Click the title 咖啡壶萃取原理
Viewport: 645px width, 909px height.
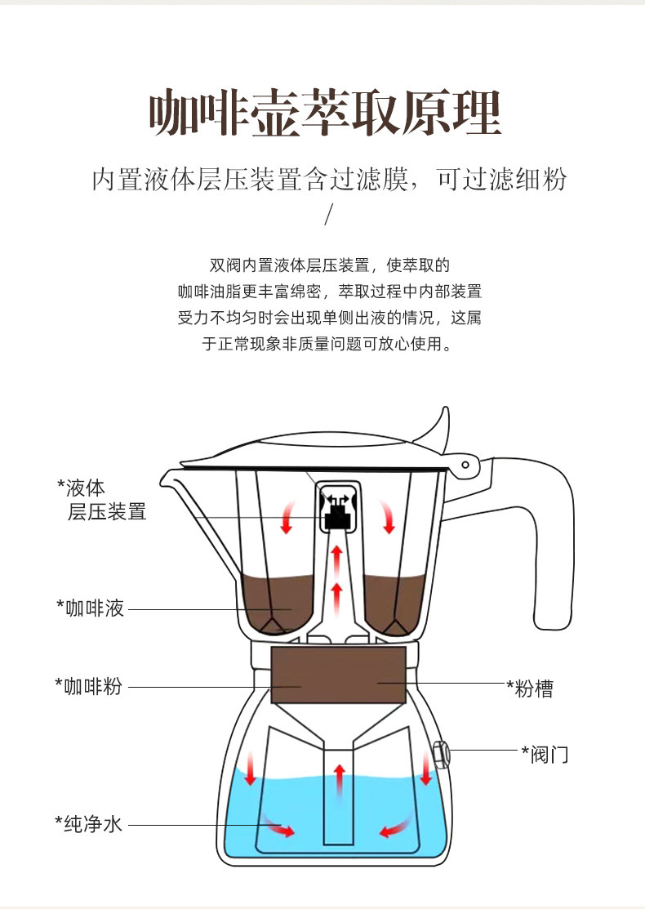coord(323,113)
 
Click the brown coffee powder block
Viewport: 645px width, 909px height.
coord(338,675)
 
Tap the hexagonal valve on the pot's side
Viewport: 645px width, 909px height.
coord(439,754)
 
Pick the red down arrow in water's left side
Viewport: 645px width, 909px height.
coord(249,769)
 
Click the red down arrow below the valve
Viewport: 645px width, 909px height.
coord(425,769)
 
